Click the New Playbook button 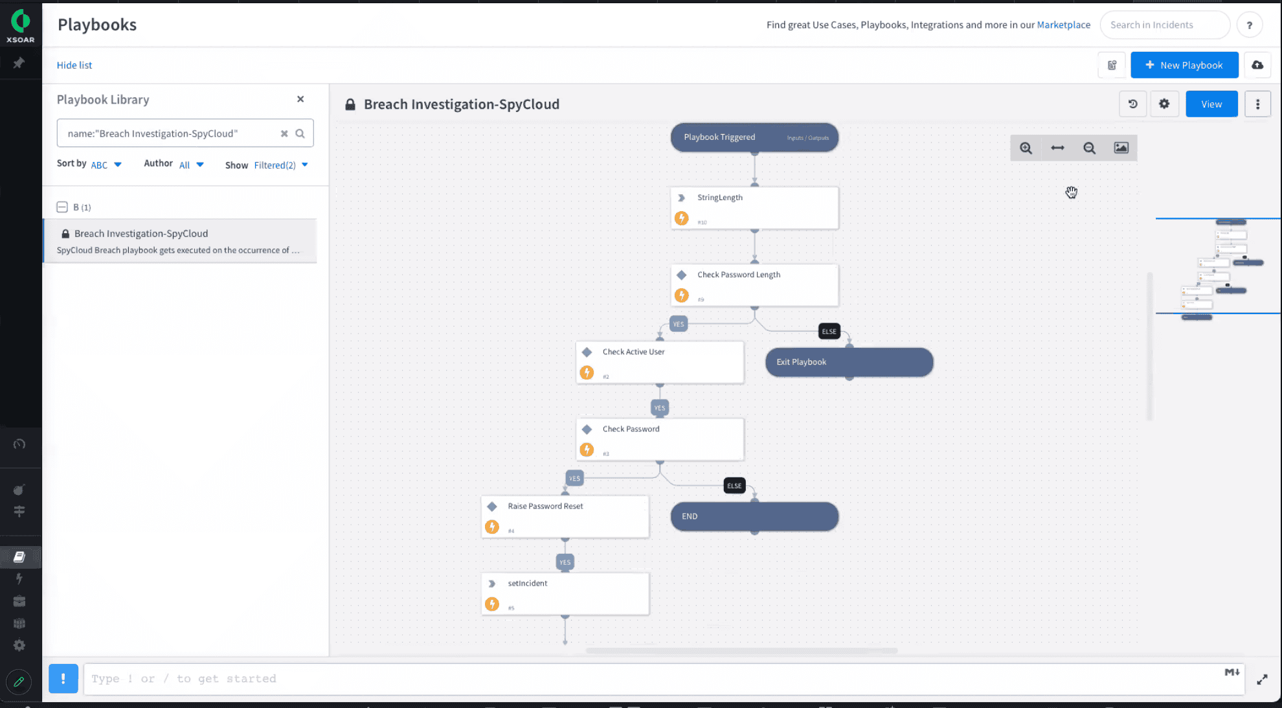click(x=1184, y=65)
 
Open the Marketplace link click(x=1063, y=25)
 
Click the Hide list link click(x=74, y=65)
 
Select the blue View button click(x=1211, y=104)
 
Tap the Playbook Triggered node click(x=754, y=137)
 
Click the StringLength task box click(x=754, y=208)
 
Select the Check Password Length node click(x=754, y=285)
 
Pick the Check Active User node click(x=659, y=362)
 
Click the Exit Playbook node click(x=849, y=362)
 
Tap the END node click(x=754, y=516)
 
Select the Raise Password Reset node click(x=565, y=516)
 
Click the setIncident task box click(x=565, y=593)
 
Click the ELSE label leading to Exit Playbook click(x=829, y=332)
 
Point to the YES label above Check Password click(x=659, y=408)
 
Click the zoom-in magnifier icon click(x=1026, y=148)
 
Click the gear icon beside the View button click(x=1164, y=104)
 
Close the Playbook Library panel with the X click(x=300, y=99)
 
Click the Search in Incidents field click(x=1164, y=25)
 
